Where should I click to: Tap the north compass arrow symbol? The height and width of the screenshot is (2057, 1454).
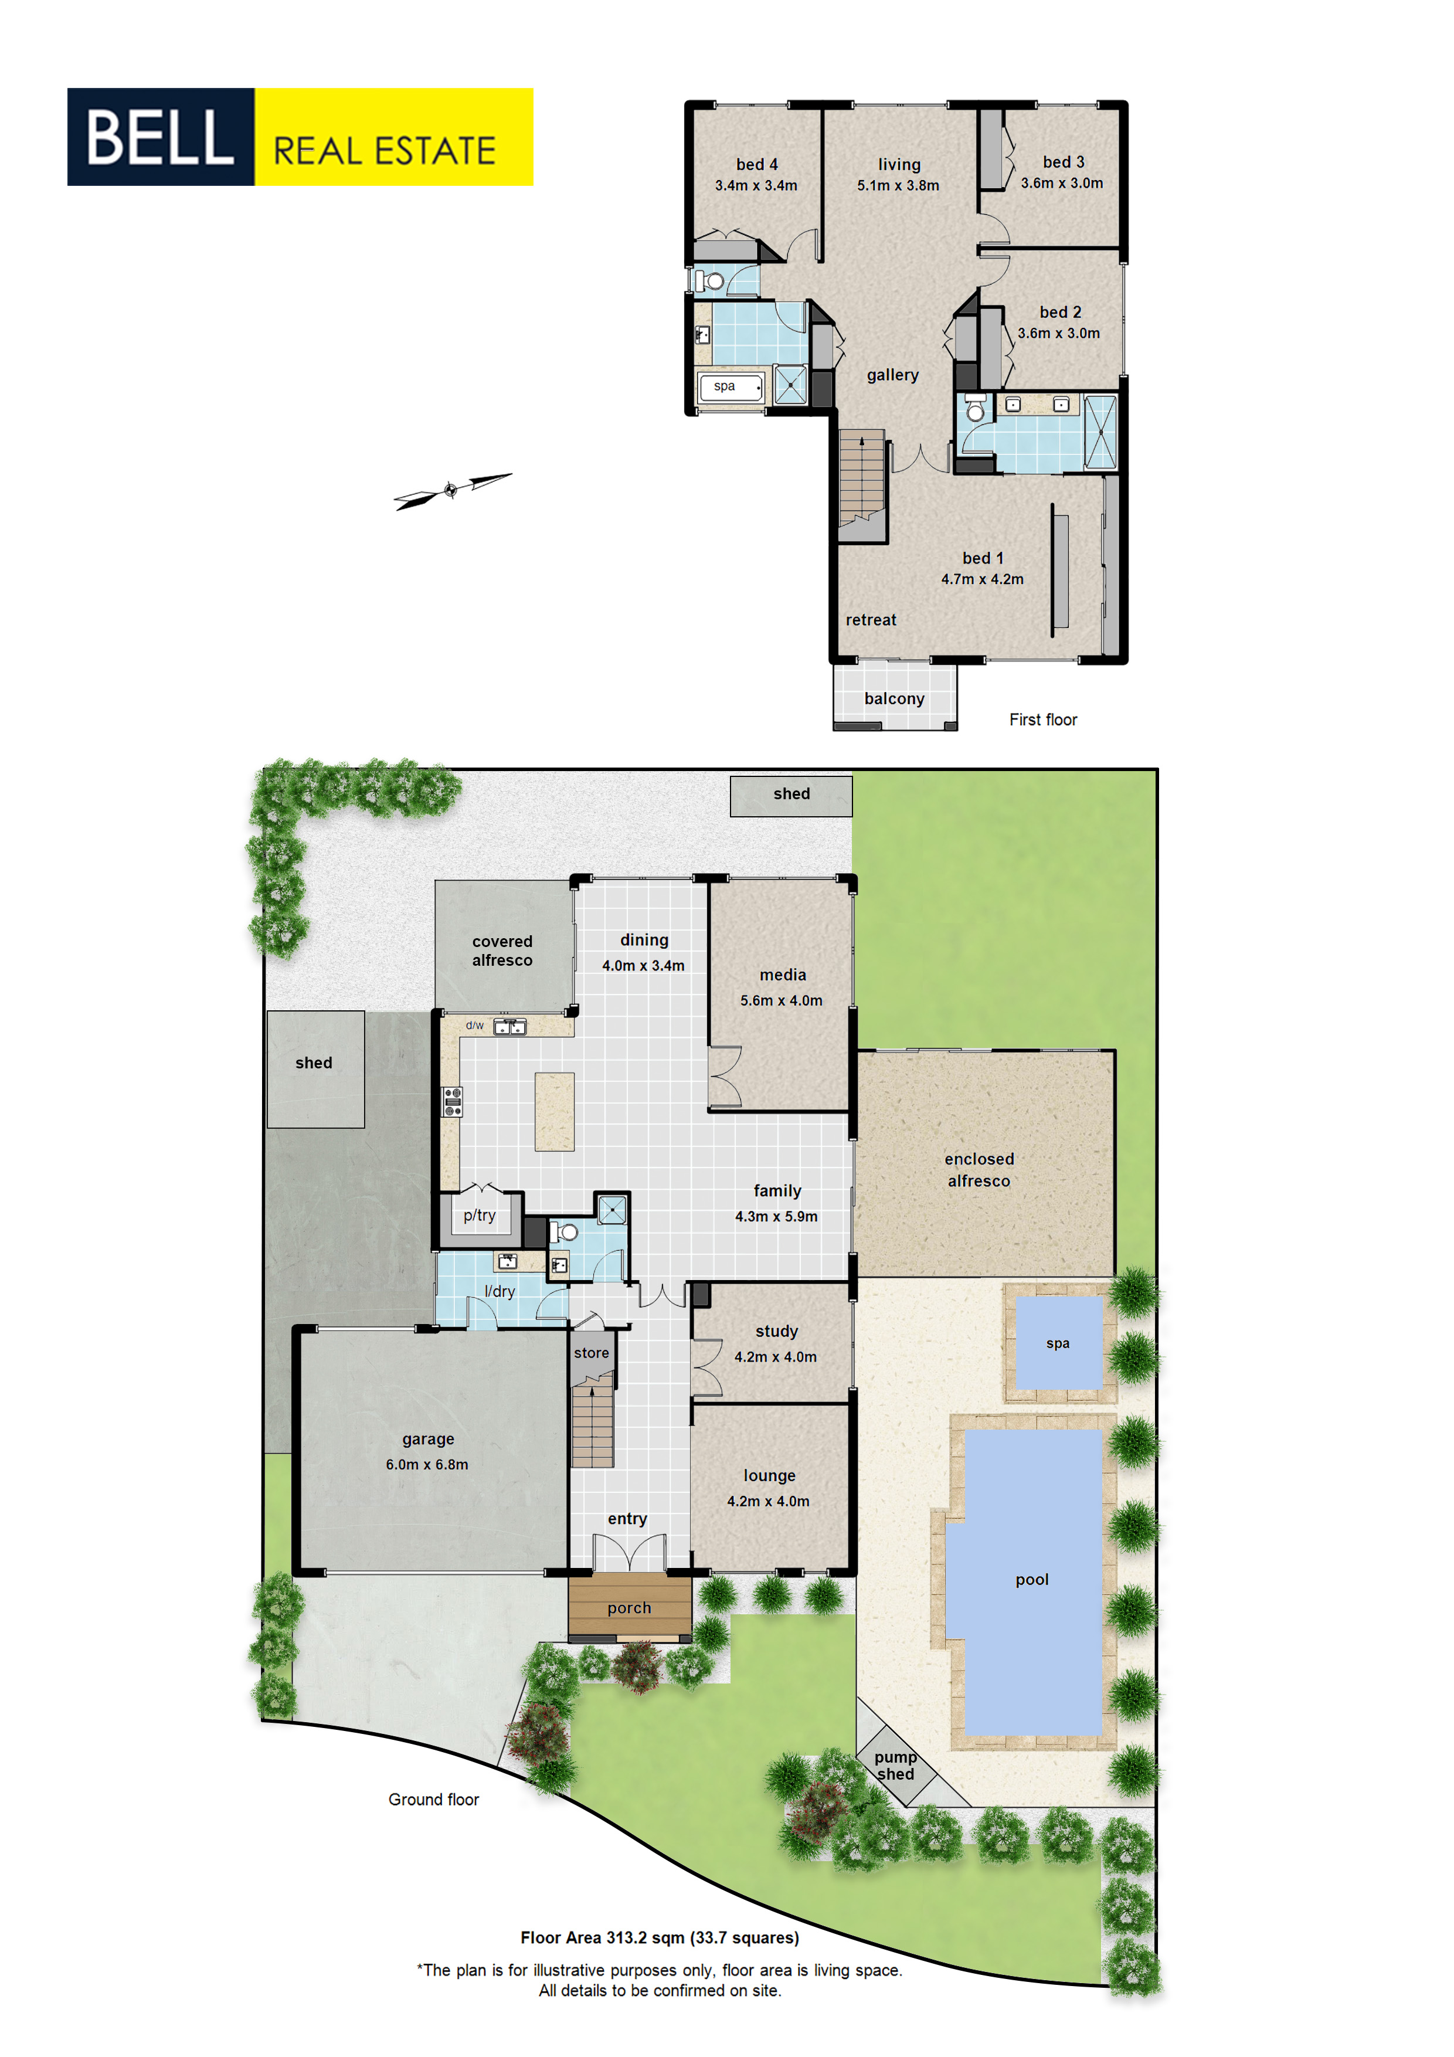point(453,490)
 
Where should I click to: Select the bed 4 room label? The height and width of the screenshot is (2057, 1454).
point(757,165)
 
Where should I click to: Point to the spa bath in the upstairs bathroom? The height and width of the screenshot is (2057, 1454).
point(731,387)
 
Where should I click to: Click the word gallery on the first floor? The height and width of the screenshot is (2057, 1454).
point(892,375)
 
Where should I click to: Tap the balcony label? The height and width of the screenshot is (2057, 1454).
point(894,699)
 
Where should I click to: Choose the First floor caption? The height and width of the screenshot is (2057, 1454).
point(1043,719)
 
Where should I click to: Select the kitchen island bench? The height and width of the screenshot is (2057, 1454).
point(555,1111)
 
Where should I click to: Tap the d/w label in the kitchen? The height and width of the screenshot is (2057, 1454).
point(475,1025)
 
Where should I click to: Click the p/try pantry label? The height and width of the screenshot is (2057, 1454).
point(479,1216)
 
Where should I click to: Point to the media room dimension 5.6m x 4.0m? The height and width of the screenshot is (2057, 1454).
point(781,1001)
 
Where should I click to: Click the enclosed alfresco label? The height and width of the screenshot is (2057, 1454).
point(979,1170)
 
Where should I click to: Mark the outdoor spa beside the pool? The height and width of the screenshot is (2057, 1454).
point(1059,1343)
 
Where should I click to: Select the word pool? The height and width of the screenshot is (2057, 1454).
point(1032,1580)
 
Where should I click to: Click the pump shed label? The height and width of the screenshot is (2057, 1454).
point(896,1766)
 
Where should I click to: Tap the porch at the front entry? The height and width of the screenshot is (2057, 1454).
point(630,1608)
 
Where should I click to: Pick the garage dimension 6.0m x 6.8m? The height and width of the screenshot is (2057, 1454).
point(427,1465)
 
